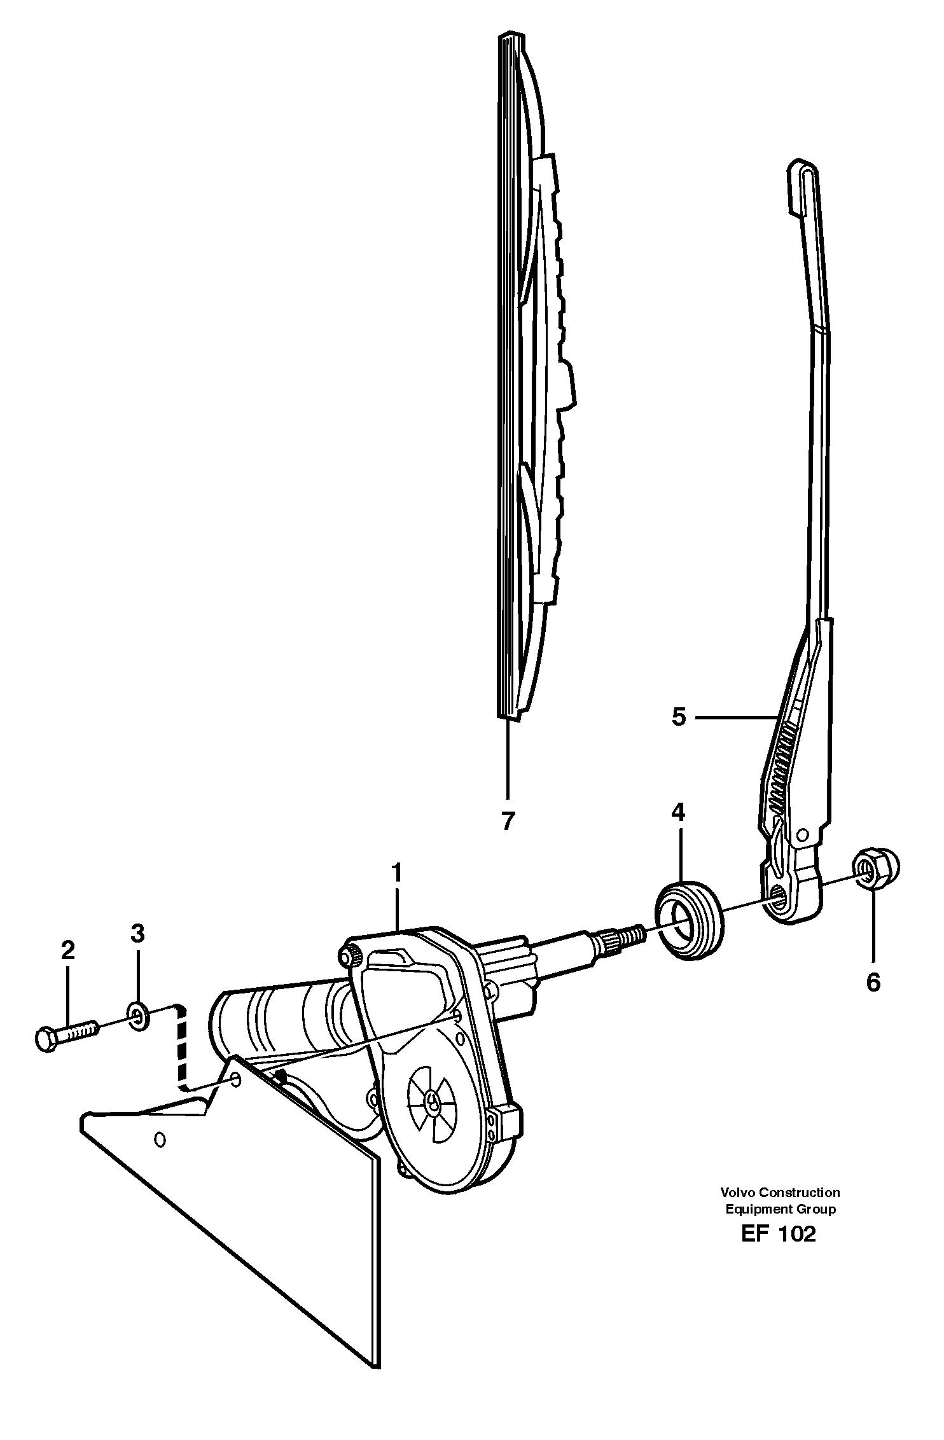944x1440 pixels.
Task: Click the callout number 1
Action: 397,873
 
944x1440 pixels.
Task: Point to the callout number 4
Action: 678,812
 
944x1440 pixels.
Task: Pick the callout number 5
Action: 679,717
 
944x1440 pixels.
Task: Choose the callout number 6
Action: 873,982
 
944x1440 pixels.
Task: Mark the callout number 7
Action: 507,821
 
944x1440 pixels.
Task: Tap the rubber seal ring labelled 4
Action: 689,919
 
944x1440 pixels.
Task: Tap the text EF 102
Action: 777,1234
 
